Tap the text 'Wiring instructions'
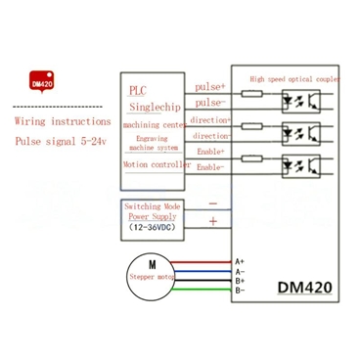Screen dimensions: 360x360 [56, 123]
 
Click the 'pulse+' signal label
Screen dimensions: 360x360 [208, 86]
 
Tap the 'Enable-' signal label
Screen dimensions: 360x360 [208, 168]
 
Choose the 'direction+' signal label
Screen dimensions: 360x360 [210, 119]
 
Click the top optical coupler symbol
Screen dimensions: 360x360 [298, 99]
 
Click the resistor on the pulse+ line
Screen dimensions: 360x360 [250, 93]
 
